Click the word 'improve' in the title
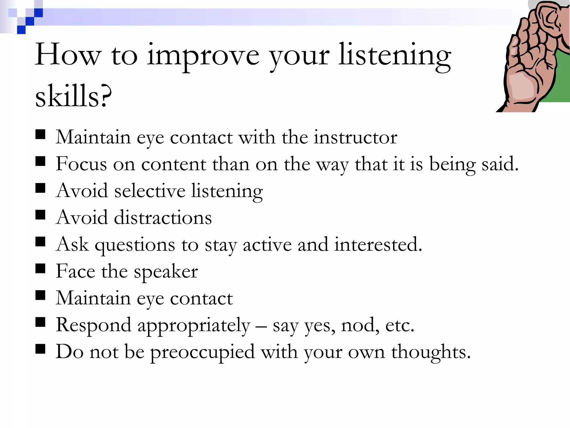click(203, 56)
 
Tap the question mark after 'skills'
click(106, 96)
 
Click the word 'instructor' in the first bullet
click(355, 137)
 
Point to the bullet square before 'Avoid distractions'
click(40, 215)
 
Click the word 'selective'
click(150, 191)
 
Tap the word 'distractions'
click(163, 217)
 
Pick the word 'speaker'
click(166, 272)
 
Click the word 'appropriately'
click(194, 325)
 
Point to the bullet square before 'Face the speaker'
click(40, 269)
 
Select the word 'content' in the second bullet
click(174, 164)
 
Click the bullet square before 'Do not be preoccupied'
click(40, 349)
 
